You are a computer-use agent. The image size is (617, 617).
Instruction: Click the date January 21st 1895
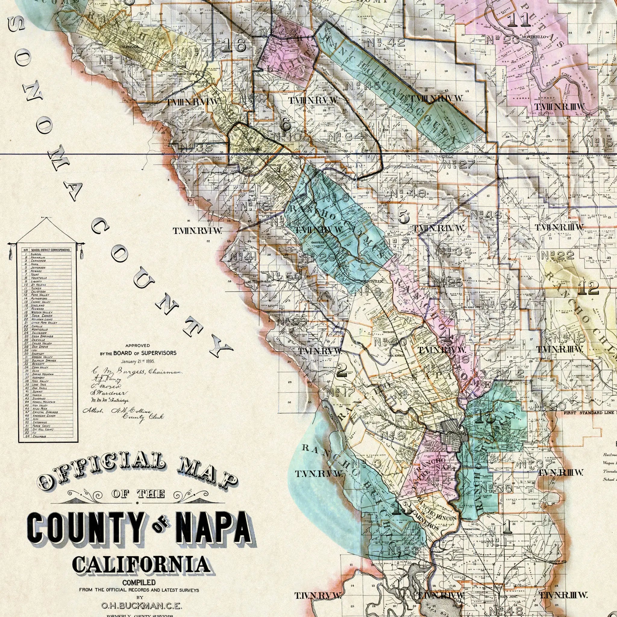(138, 361)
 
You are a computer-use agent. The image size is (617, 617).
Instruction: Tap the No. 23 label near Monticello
(499, 39)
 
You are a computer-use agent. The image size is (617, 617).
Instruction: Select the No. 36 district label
(196, 148)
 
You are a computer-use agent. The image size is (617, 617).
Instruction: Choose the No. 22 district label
(557, 255)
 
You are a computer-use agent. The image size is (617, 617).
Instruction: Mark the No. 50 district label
(283, 276)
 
